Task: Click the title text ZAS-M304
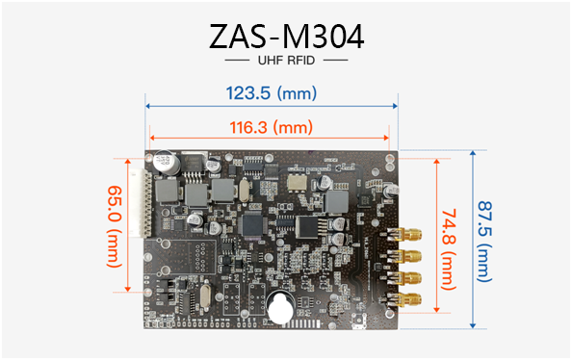click(x=286, y=37)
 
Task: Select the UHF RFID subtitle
click(x=286, y=61)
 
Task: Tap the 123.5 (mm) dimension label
click(x=271, y=93)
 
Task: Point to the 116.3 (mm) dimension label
click(x=271, y=127)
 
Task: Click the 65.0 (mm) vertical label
click(x=115, y=226)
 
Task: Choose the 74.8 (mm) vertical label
click(x=449, y=249)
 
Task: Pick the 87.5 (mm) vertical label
click(x=484, y=241)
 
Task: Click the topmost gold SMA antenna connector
click(x=404, y=235)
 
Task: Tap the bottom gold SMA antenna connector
click(x=404, y=299)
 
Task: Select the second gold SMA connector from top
click(x=404, y=256)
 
